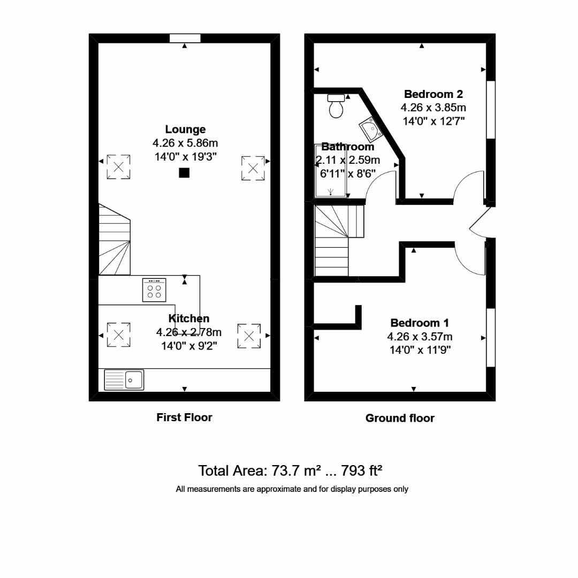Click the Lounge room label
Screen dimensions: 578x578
(x=185, y=130)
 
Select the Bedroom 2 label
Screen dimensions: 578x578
(x=433, y=94)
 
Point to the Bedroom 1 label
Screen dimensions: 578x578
(x=420, y=323)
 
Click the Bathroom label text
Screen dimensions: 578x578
(x=347, y=147)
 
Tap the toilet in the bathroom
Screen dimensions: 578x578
(x=337, y=106)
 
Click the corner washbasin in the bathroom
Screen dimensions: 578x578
(x=369, y=128)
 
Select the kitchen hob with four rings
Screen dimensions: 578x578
(x=154, y=290)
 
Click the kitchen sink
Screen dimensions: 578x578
(x=124, y=380)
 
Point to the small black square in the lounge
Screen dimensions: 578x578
(x=184, y=172)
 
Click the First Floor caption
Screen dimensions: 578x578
(x=184, y=417)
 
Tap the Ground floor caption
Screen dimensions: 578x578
(x=400, y=419)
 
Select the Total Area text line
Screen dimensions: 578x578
(x=290, y=471)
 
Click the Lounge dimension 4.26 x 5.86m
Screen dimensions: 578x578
(x=185, y=143)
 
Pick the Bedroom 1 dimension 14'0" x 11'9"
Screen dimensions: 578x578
(x=420, y=350)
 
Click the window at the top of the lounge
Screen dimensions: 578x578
(x=185, y=38)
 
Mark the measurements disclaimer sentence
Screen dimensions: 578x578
(x=292, y=489)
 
